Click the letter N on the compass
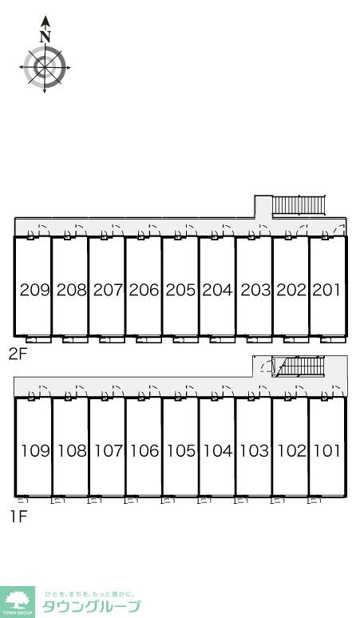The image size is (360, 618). point(45,37)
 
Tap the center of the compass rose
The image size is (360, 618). point(45,67)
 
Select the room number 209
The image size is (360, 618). point(35,290)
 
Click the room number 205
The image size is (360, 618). point(180,290)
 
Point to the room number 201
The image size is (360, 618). point(326,290)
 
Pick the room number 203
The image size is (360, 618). point(255,290)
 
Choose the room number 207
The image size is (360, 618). point(108,290)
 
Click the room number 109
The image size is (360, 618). point(36,450)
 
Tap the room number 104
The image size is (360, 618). point(218,450)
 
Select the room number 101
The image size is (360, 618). point(327,450)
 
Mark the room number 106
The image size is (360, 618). point(144,450)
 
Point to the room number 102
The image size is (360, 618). point(292,450)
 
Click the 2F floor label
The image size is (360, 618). point(18,354)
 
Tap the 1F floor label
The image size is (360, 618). point(18,516)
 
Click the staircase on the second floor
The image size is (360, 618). point(299,205)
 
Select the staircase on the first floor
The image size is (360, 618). point(302,366)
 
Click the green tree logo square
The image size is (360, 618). point(18,602)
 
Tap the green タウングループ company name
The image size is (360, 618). point(91,606)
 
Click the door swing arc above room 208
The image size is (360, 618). point(82,230)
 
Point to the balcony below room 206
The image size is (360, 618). point(148,339)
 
